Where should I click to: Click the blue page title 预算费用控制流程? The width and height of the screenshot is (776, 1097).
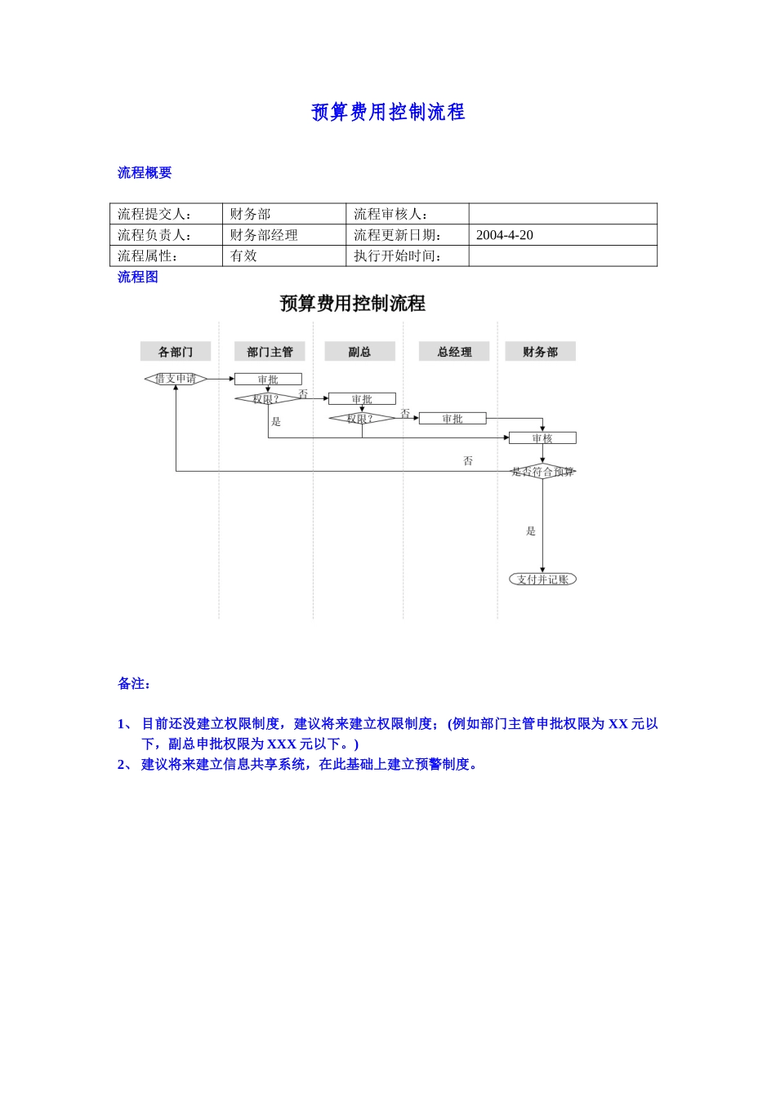tap(388, 112)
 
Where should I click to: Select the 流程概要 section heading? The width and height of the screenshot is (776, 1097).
tap(145, 172)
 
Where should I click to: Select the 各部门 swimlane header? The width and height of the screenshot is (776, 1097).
tap(176, 352)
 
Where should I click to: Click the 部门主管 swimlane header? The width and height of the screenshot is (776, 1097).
tap(270, 352)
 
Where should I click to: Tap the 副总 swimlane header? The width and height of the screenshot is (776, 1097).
tap(359, 352)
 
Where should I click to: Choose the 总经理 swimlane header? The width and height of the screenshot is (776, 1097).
tap(454, 352)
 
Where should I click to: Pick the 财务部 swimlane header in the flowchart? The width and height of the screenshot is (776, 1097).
tap(540, 352)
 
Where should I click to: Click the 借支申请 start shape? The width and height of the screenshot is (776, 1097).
tap(176, 379)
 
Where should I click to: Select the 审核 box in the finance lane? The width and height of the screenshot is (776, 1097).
tap(542, 438)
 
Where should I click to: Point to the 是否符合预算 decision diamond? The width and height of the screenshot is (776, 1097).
tap(542, 472)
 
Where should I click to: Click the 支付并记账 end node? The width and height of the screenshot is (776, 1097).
tap(542, 580)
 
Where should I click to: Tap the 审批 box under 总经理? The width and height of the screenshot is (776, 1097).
tap(453, 419)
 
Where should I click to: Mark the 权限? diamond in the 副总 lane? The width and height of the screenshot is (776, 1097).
tap(360, 419)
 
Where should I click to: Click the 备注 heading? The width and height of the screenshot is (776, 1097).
tap(135, 684)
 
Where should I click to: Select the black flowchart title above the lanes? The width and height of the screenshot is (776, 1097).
tap(353, 304)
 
